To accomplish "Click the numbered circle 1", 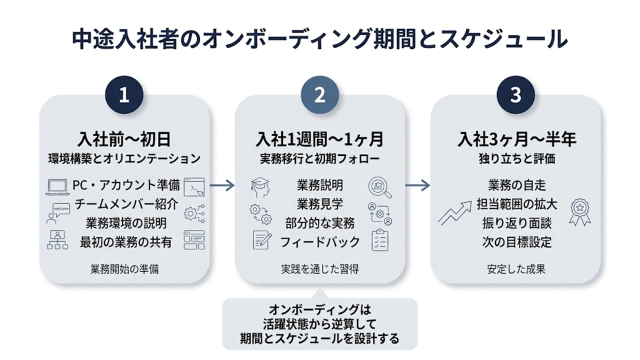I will pyautogui.click(x=124, y=95).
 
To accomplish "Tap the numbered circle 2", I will pyautogui.click(x=319, y=95).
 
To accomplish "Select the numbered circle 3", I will pyautogui.click(x=515, y=95).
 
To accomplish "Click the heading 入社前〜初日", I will pyautogui.click(x=124, y=139).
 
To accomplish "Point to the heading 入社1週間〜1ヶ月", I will pyautogui.click(x=319, y=139).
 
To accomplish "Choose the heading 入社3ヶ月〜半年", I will pyautogui.click(x=515, y=139).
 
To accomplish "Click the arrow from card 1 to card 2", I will pyautogui.click(x=222, y=185).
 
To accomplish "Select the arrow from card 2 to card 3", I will pyautogui.click(x=417, y=185).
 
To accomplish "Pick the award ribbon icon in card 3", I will pyautogui.click(x=579, y=212).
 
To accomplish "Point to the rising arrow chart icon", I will pyautogui.click(x=455, y=212).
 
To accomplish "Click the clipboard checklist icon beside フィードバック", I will pyautogui.click(x=380, y=240).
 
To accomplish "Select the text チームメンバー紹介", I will pyautogui.click(x=124, y=204).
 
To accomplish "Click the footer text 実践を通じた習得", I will pyautogui.click(x=319, y=269).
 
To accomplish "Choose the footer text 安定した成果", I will pyautogui.click(x=515, y=269).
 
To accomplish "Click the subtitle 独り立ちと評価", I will pyautogui.click(x=515, y=159).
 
